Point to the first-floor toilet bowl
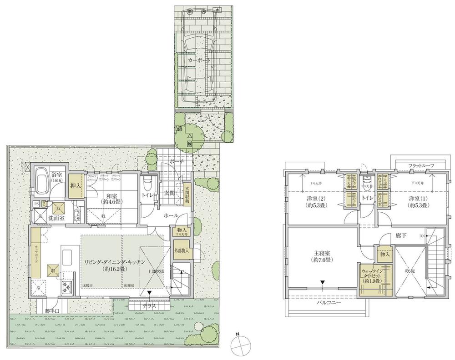147,184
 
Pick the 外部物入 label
181,250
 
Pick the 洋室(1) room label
417,202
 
